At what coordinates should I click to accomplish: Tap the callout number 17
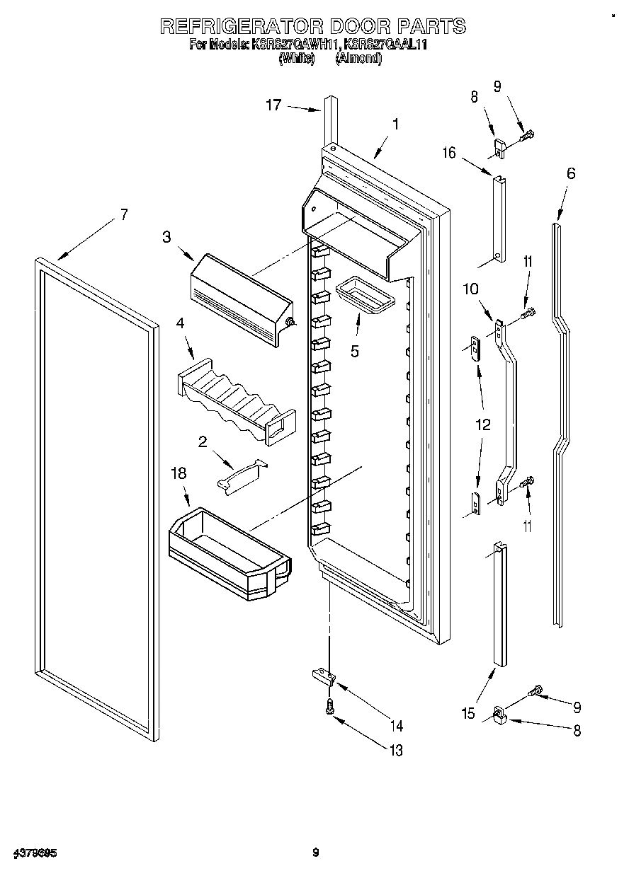(x=273, y=105)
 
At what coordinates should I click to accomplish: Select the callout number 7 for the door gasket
(x=124, y=215)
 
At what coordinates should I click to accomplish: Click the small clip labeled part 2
(x=241, y=475)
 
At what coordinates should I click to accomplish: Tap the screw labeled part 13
(x=329, y=705)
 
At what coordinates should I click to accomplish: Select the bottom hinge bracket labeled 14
(x=323, y=677)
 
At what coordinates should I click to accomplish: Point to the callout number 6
(x=571, y=173)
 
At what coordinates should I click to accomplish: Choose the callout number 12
(x=482, y=426)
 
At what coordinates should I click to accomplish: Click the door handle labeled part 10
(x=509, y=410)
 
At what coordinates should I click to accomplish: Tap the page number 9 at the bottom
(x=316, y=853)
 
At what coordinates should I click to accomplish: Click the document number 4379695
(x=35, y=853)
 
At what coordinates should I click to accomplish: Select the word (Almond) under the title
(x=358, y=59)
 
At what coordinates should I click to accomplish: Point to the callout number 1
(x=395, y=124)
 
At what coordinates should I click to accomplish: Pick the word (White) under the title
(x=297, y=59)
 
